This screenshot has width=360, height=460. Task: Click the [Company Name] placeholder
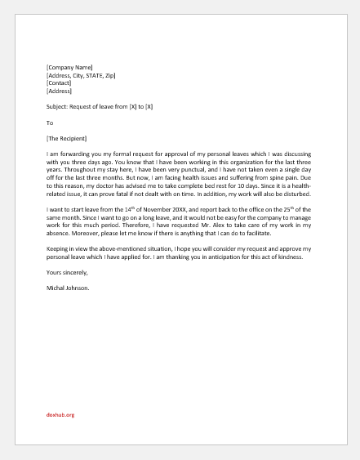tap(69, 67)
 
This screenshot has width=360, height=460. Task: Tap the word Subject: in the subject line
tap(59, 105)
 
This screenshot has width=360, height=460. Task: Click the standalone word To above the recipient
tap(50, 123)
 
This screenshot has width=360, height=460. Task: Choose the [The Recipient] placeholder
tap(67, 137)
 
